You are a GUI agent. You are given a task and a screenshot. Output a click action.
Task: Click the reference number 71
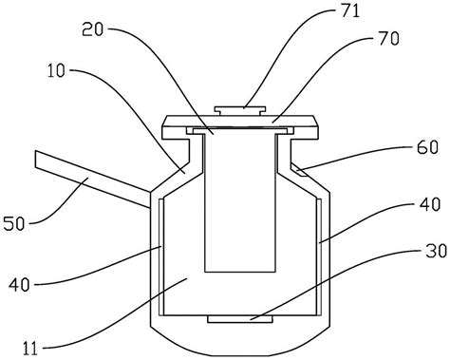click(x=350, y=10)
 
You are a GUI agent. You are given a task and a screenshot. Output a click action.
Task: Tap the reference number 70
click(x=389, y=39)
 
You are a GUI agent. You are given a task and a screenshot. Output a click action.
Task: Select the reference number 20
click(x=93, y=29)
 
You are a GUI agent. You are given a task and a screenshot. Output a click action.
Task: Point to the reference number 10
click(x=56, y=70)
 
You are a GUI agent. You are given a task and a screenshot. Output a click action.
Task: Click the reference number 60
click(x=427, y=147)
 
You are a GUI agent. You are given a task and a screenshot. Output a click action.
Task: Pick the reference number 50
click(x=14, y=224)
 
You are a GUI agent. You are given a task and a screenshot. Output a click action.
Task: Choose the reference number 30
click(x=436, y=251)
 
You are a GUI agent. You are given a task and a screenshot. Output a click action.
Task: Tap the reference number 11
click(x=30, y=349)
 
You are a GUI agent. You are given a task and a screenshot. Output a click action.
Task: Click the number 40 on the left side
click(x=19, y=284)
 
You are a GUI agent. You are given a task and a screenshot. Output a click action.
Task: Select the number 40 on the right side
click(x=430, y=204)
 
